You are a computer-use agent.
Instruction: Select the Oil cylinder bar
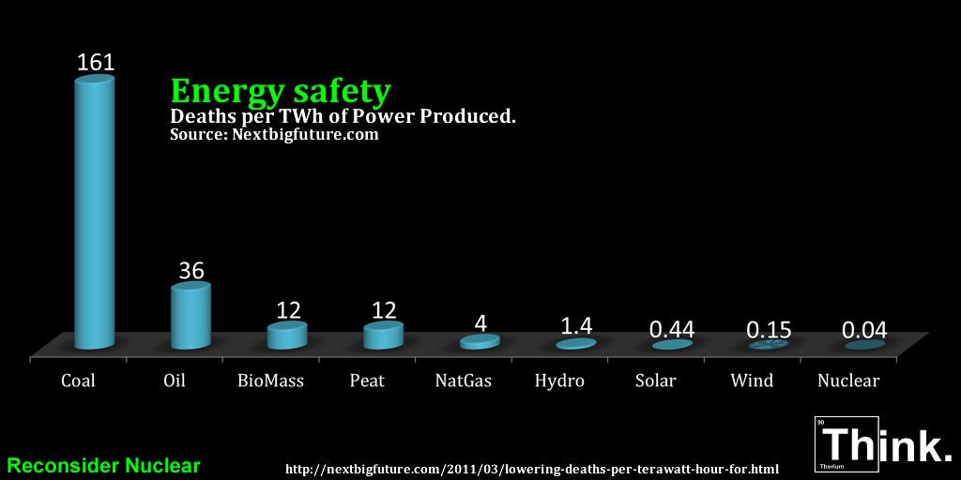[x=191, y=317]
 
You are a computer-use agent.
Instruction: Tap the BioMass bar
[x=287, y=336]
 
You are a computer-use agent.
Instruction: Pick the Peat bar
[x=383, y=335]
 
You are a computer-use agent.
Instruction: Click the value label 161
[x=95, y=63]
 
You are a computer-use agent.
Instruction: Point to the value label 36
[x=191, y=271]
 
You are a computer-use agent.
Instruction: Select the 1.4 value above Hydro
[x=575, y=326]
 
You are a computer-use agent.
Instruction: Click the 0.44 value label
[x=672, y=330]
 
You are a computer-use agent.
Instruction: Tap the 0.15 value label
[x=769, y=331]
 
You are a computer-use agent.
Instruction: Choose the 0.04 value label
[x=864, y=331]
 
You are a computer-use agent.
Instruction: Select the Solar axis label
[x=656, y=381]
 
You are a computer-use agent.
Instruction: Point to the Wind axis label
[x=752, y=381]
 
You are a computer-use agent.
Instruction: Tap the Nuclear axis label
[x=848, y=381]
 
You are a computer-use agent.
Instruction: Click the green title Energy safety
[x=280, y=91]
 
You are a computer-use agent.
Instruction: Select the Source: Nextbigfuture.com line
[x=274, y=135]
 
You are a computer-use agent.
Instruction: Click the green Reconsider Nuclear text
[x=103, y=465]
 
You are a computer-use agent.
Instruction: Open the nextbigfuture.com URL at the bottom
[x=531, y=467]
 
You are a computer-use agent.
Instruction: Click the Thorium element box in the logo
[x=846, y=442]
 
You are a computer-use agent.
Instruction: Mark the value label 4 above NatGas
[x=480, y=323]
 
